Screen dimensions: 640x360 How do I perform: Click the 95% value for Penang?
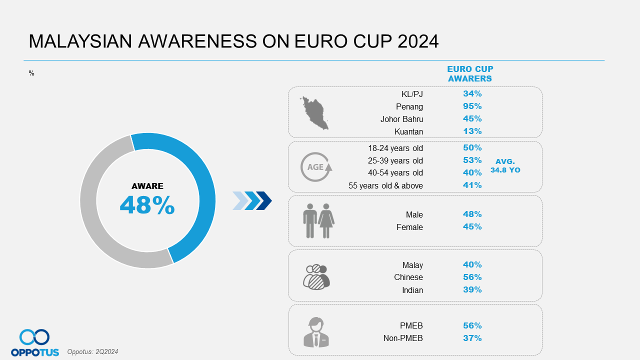click(x=472, y=106)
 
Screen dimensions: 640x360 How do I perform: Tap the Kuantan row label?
click(x=408, y=131)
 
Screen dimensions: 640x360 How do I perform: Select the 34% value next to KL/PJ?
click(x=472, y=93)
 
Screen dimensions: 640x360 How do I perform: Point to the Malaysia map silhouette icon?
click(x=314, y=113)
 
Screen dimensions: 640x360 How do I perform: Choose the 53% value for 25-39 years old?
click(x=472, y=160)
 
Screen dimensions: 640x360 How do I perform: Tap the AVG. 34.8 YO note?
click(x=505, y=165)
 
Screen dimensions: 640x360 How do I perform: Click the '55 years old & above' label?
click(x=385, y=185)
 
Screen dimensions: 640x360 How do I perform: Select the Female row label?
click(x=409, y=227)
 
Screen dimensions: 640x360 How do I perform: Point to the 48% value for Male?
click(x=472, y=214)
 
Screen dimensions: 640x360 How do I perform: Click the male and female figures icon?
click(x=318, y=221)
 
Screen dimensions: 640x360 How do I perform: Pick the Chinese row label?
click(x=408, y=277)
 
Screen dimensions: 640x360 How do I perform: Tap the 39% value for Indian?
click(x=472, y=289)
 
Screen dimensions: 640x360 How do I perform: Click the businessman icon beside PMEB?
click(x=316, y=332)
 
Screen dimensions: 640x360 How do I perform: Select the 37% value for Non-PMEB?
click(x=472, y=338)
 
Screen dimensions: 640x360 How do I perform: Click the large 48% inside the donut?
click(x=147, y=205)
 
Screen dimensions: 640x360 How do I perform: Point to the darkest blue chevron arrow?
click(x=264, y=201)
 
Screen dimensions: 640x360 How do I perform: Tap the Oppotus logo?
click(x=35, y=342)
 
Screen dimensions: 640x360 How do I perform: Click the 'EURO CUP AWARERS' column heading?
click(x=470, y=73)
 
